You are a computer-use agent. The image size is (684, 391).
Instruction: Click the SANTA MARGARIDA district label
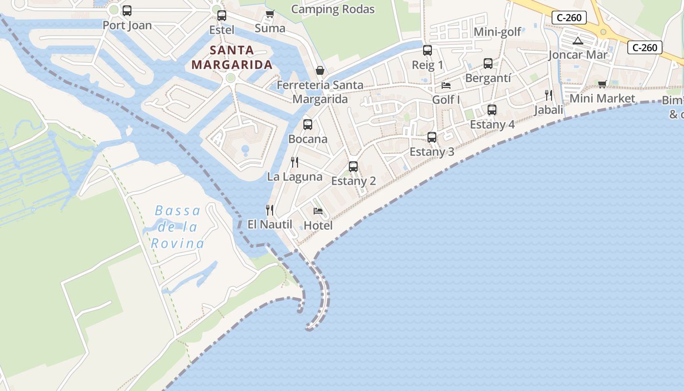(x=232, y=57)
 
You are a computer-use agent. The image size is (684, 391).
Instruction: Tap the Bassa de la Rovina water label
(x=177, y=227)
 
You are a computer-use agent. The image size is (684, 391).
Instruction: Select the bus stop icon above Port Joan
(x=127, y=11)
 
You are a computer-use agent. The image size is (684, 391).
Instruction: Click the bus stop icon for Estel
(x=222, y=16)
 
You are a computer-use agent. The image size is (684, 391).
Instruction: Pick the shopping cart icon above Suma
(x=270, y=14)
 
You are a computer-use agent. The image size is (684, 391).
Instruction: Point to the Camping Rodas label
(x=333, y=9)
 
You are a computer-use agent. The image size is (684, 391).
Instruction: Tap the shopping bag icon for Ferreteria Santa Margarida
(x=320, y=71)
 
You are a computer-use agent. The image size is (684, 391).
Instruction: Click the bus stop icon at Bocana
(x=308, y=125)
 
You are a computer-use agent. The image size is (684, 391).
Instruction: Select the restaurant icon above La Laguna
(x=295, y=162)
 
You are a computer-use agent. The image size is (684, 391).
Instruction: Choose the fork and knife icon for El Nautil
(x=270, y=210)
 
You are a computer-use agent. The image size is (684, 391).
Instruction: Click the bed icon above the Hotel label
(x=318, y=211)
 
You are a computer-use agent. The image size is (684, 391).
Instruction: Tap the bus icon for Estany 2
(x=353, y=167)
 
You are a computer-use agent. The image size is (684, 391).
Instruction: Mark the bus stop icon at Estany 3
(x=432, y=137)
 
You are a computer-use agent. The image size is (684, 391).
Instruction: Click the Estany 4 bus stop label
(x=492, y=125)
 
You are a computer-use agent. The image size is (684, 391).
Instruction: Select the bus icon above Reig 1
(x=427, y=50)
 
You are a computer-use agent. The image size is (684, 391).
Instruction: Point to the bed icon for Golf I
(x=446, y=86)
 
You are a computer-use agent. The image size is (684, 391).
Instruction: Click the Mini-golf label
(x=497, y=32)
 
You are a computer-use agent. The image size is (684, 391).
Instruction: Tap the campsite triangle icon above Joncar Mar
(x=578, y=41)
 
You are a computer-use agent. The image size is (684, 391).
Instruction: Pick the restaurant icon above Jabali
(x=549, y=95)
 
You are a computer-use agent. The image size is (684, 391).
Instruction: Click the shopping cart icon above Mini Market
(x=602, y=84)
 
